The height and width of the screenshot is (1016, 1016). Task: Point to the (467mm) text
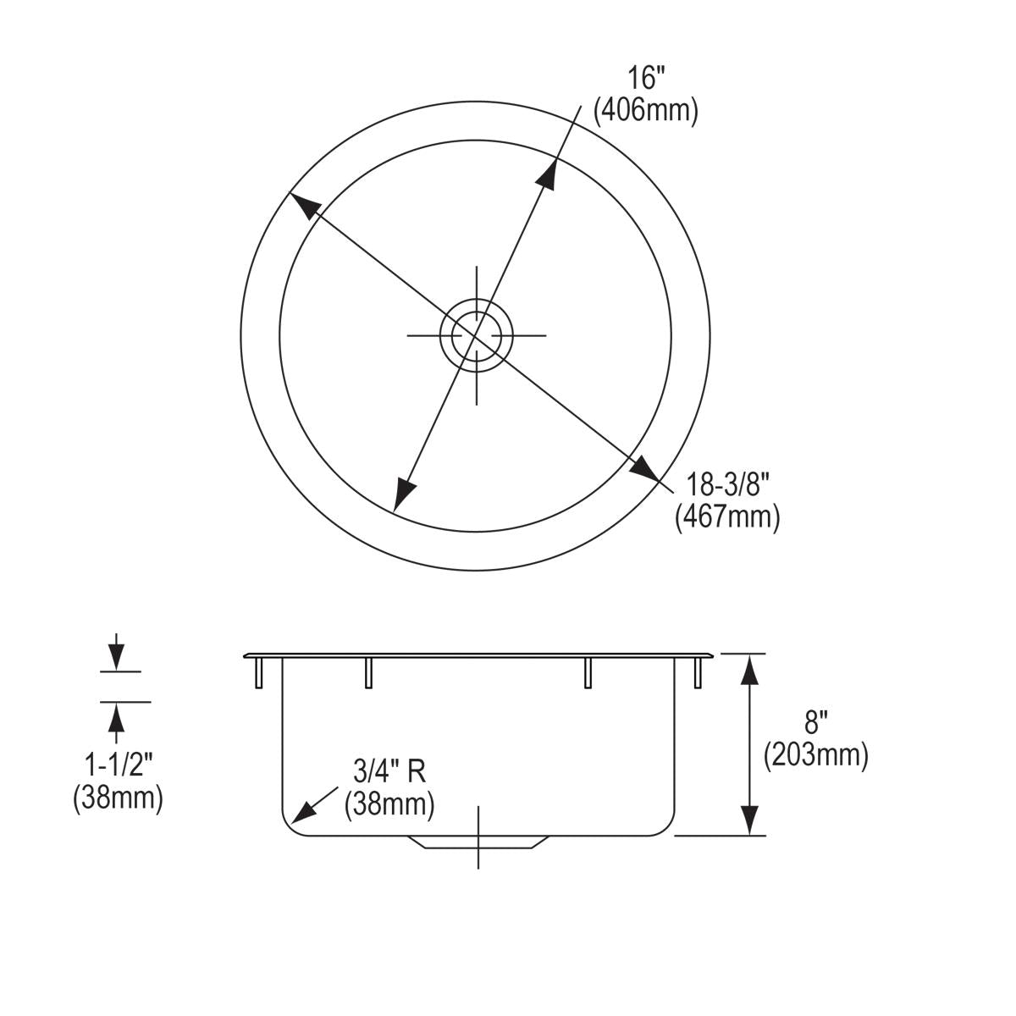[727, 518]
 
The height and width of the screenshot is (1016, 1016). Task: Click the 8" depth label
[813, 722]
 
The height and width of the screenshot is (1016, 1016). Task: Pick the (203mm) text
[816, 755]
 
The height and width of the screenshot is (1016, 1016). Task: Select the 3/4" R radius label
[389, 772]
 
